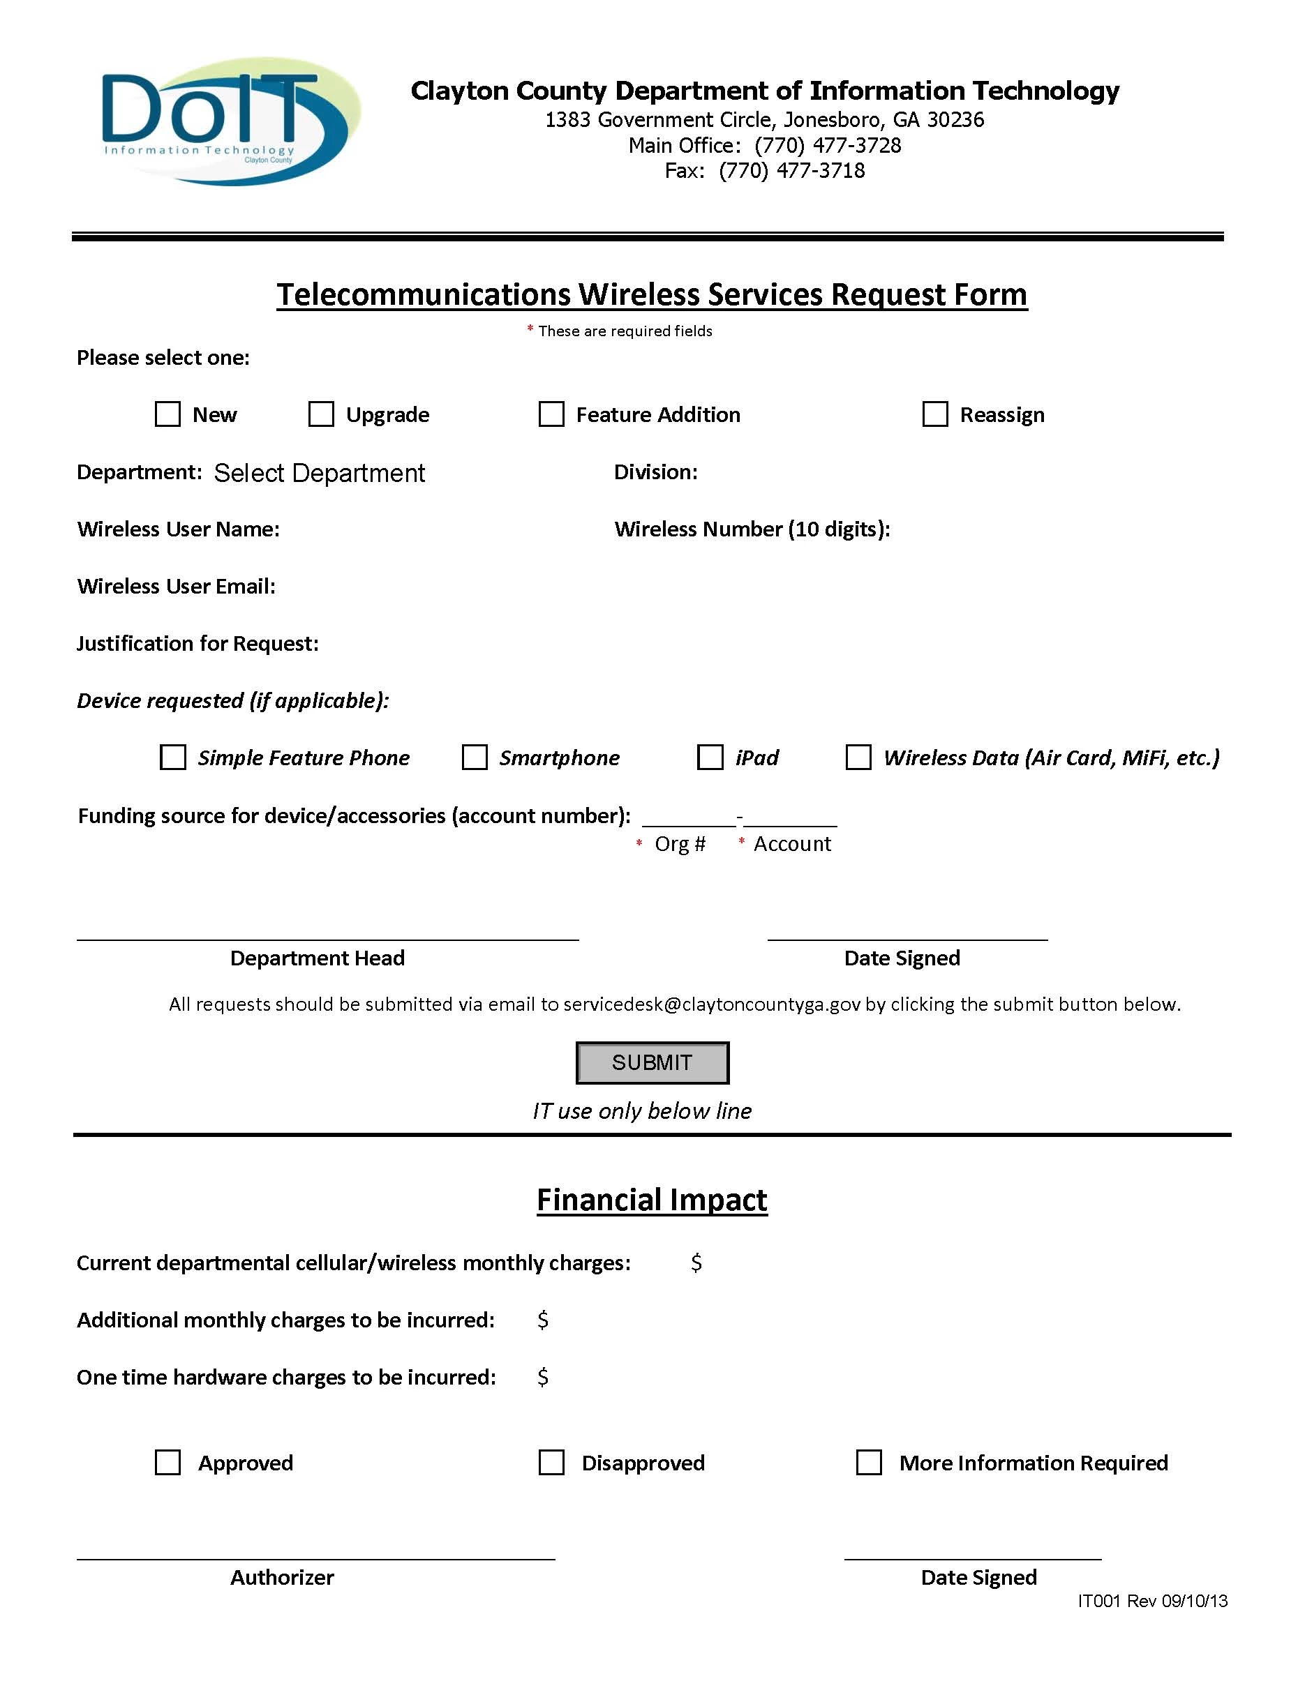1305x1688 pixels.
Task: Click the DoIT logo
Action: (x=230, y=121)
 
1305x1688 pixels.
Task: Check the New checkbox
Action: (x=167, y=414)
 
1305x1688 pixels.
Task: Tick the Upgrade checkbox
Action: (x=321, y=414)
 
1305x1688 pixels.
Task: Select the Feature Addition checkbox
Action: (x=551, y=414)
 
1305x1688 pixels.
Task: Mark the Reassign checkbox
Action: (x=934, y=414)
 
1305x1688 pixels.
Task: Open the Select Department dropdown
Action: (x=320, y=473)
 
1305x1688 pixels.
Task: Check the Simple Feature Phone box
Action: (x=172, y=758)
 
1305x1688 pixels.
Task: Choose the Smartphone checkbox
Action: (x=474, y=758)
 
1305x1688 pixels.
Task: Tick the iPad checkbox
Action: (x=710, y=758)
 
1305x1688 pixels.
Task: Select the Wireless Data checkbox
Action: (x=858, y=758)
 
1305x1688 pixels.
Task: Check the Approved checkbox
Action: (x=167, y=1462)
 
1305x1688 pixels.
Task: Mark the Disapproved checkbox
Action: (x=551, y=1462)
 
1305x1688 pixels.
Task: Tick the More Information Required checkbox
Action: (x=869, y=1462)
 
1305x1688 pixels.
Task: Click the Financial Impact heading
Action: (x=652, y=1200)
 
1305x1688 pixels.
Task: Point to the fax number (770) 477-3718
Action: (x=791, y=171)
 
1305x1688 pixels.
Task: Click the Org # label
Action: (x=680, y=844)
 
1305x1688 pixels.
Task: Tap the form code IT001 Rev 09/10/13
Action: (x=1152, y=1601)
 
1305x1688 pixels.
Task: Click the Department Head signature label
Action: (x=317, y=958)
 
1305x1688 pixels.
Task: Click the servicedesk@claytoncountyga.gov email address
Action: (x=711, y=1004)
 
